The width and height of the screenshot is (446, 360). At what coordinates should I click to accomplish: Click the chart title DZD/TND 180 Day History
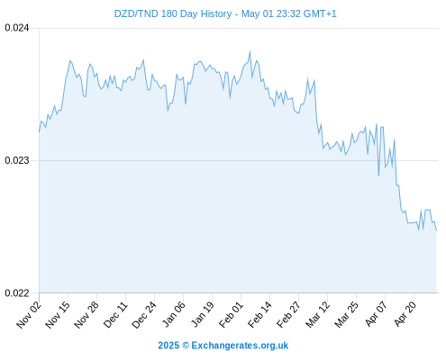pos(173,13)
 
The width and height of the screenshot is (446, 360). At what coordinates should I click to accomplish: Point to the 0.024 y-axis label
pos(17,28)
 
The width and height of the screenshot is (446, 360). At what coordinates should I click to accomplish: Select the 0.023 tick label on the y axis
pos(17,160)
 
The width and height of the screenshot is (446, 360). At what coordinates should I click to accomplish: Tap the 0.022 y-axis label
pos(17,292)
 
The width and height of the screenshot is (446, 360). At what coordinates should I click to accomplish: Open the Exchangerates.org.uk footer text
pos(240,346)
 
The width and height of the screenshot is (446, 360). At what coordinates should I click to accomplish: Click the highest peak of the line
pos(250,52)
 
